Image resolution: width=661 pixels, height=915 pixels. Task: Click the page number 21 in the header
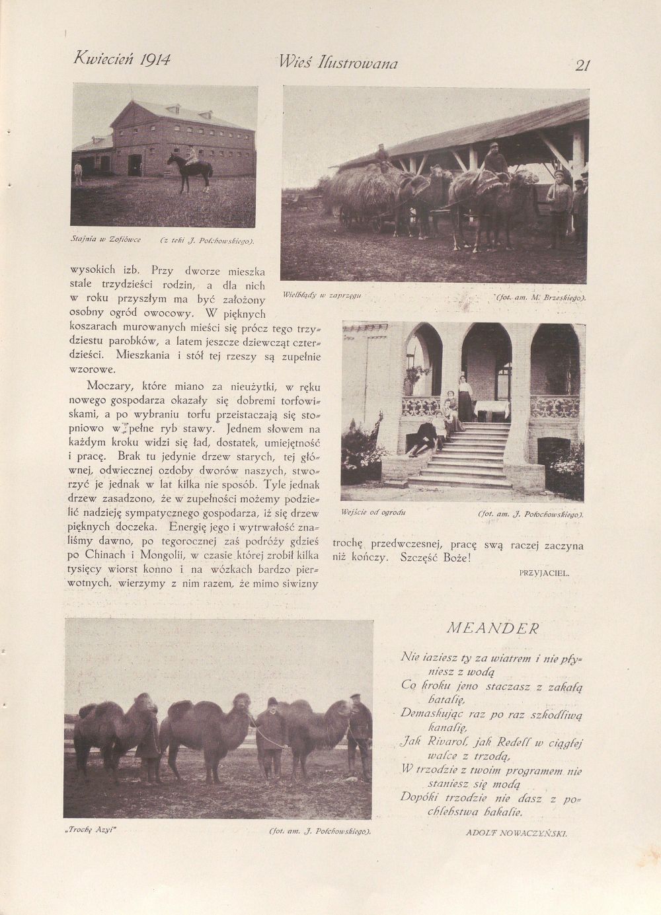(x=582, y=65)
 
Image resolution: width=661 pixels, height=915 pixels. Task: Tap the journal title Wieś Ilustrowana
(x=338, y=63)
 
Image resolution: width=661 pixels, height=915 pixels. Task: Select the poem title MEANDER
(x=492, y=628)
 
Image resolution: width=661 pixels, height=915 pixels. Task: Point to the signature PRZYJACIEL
(x=544, y=573)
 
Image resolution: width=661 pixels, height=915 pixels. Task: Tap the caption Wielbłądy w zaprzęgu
(x=321, y=295)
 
